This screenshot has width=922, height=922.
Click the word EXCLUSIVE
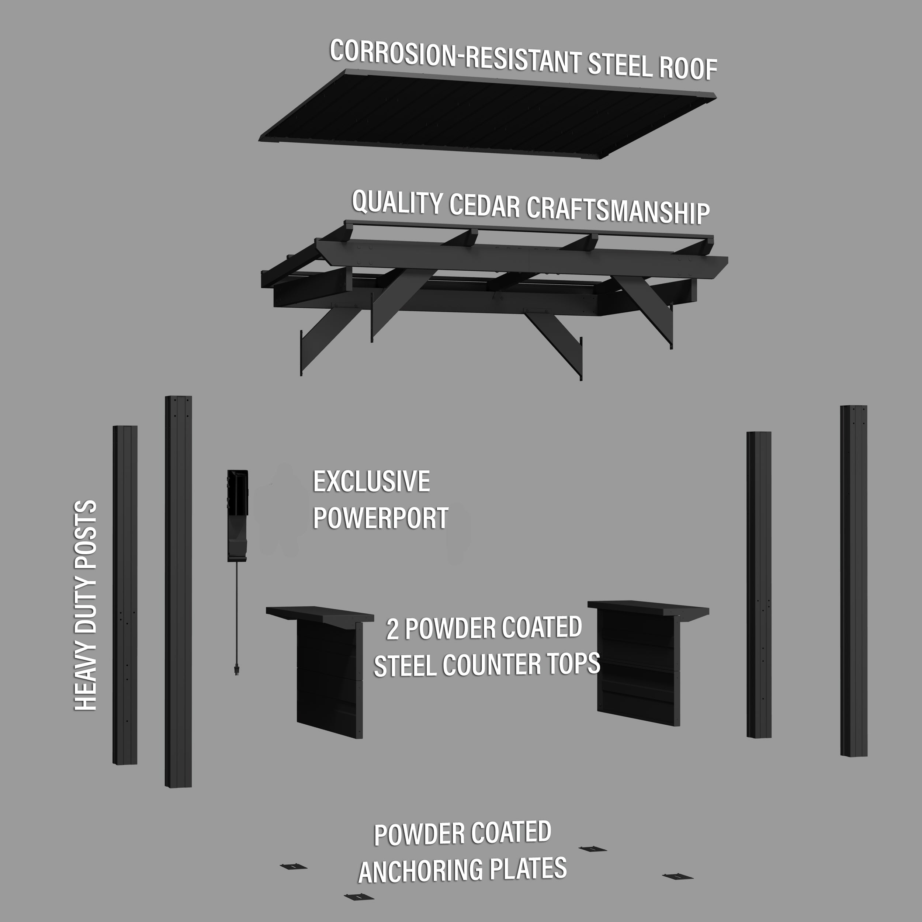(x=371, y=482)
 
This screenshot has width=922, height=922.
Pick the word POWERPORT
(x=380, y=518)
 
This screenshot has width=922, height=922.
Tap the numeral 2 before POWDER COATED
(x=392, y=630)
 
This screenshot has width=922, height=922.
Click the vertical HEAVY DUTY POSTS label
(x=86, y=606)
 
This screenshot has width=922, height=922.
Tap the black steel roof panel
(x=487, y=115)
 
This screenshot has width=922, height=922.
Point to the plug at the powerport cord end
(x=236, y=669)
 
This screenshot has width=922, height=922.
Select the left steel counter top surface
(x=320, y=614)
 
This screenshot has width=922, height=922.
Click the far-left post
(x=125, y=595)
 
